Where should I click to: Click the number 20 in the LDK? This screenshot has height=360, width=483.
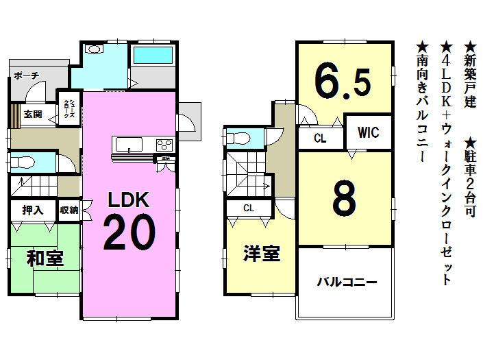coord(128,234)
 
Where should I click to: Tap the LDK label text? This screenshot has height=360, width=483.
coord(128,200)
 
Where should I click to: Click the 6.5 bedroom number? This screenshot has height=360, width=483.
coord(343,82)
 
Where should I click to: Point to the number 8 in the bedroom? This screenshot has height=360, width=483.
coord(344,198)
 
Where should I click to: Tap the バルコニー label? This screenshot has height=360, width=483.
coord(347,282)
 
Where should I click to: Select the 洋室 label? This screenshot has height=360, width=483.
coord(261,254)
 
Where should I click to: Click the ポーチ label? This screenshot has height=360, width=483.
coord(26,76)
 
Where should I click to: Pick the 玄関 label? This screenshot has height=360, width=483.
coord(32,115)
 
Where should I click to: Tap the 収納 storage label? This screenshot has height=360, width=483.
coord(69,211)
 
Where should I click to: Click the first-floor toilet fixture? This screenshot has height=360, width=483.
coord(24,163)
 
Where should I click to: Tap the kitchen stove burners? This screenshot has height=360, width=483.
coord(164,144)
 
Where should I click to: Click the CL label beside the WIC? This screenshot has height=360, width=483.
coord(319,138)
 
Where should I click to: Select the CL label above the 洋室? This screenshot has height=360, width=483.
coord(249,208)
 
